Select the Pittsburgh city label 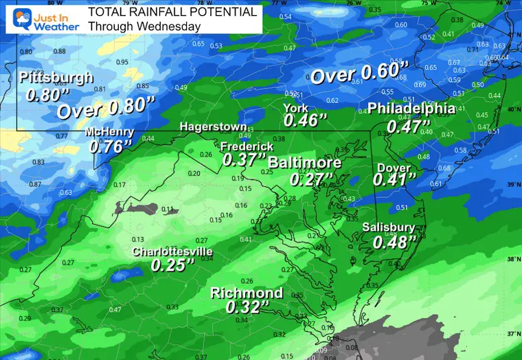click(x=56, y=78)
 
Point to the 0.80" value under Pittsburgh click(x=43, y=95)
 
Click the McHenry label click(x=110, y=133)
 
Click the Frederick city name click(x=247, y=147)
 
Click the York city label click(x=296, y=108)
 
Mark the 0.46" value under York click(x=305, y=122)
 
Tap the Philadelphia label click(x=411, y=109)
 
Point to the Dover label click(x=394, y=168)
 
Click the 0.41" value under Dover click(x=395, y=181)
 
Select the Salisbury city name click(x=388, y=228)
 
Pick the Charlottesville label click(x=168, y=251)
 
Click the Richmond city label click(x=247, y=293)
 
